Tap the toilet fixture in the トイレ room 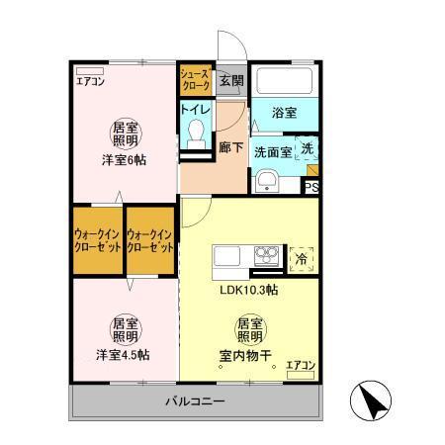[196, 131]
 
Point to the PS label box [311, 185]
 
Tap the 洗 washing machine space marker [307, 149]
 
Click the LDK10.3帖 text [247, 290]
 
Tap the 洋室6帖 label [124, 159]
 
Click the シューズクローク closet [193, 79]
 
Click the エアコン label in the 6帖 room [90, 82]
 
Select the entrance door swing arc [228, 49]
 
